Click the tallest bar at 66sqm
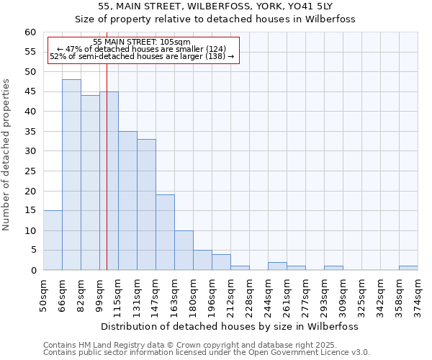pyautogui.click(x=71, y=175)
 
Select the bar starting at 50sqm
pyautogui.click(x=53, y=240)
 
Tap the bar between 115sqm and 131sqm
pyautogui.click(x=127, y=201)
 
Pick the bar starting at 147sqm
pyautogui.click(x=165, y=233)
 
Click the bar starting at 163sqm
pyautogui.click(x=184, y=251)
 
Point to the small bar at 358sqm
pyautogui.click(x=408, y=268)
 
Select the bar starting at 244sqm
pyautogui.click(x=277, y=266)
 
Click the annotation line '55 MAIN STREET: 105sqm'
pyautogui.click(x=142, y=42)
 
